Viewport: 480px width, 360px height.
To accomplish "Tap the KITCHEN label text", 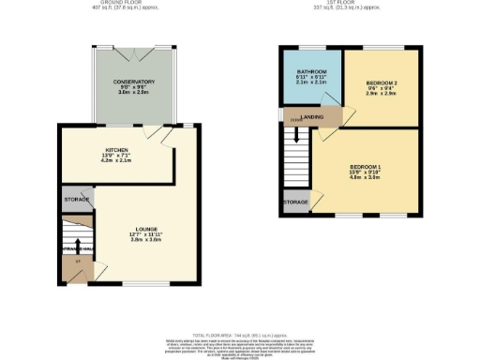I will coord(116,149).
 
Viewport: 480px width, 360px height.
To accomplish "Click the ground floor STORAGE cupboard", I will coord(77,199).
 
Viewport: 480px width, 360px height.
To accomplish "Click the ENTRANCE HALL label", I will coord(75,249).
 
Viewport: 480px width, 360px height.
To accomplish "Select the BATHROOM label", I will coord(311,71).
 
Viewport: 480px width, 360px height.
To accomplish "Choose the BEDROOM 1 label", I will coord(366,168).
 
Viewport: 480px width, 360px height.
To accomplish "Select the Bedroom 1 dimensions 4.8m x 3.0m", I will coord(366,178).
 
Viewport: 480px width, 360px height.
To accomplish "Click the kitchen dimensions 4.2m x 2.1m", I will coord(116,160).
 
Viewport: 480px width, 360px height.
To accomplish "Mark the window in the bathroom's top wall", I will coord(311,48).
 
